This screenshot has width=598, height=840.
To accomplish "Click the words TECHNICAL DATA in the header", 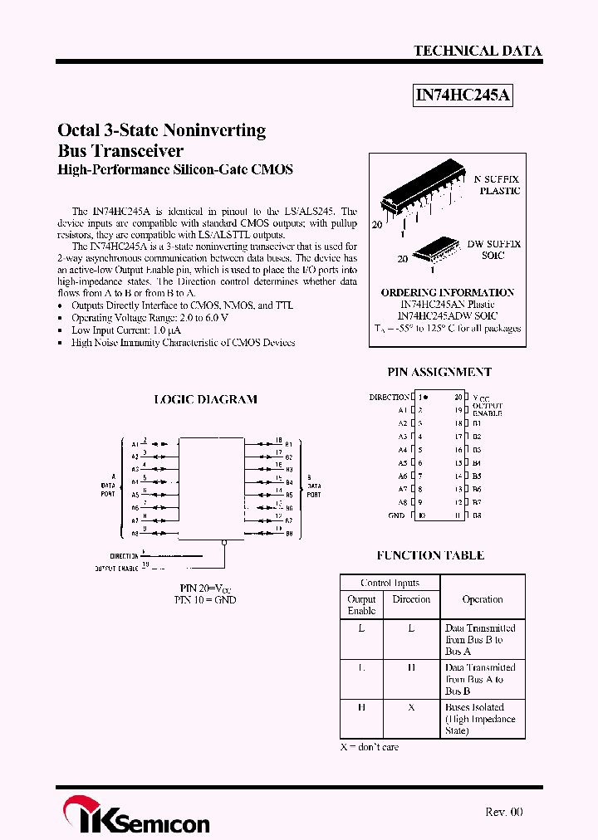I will [x=478, y=51].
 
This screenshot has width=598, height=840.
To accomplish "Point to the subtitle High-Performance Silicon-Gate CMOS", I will [x=175, y=169].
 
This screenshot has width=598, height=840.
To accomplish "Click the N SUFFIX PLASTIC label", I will [x=498, y=184].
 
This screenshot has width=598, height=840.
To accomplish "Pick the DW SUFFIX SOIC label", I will [x=493, y=249].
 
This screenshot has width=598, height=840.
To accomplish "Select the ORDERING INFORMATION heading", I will [x=447, y=292].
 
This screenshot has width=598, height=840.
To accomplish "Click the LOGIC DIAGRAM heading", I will [x=205, y=399].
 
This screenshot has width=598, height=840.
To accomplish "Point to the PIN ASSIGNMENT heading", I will [x=439, y=372].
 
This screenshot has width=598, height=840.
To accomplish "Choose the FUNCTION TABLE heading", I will [x=430, y=555].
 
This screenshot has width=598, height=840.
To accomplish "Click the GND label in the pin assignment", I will [x=396, y=515].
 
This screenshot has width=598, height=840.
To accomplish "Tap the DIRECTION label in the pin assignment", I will [x=389, y=398].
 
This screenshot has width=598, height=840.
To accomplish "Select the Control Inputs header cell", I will [x=390, y=583].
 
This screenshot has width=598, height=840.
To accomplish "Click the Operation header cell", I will [x=482, y=599].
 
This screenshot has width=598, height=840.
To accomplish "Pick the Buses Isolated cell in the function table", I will [x=480, y=719].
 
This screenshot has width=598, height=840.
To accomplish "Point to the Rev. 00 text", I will [x=503, y=812].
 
